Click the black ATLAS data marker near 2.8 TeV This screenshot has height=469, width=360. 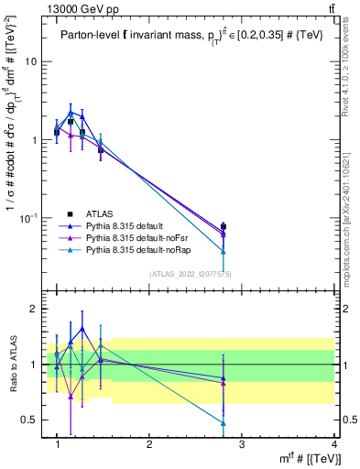pos(224,226)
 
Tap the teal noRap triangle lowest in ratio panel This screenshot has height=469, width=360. pos(224,422)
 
